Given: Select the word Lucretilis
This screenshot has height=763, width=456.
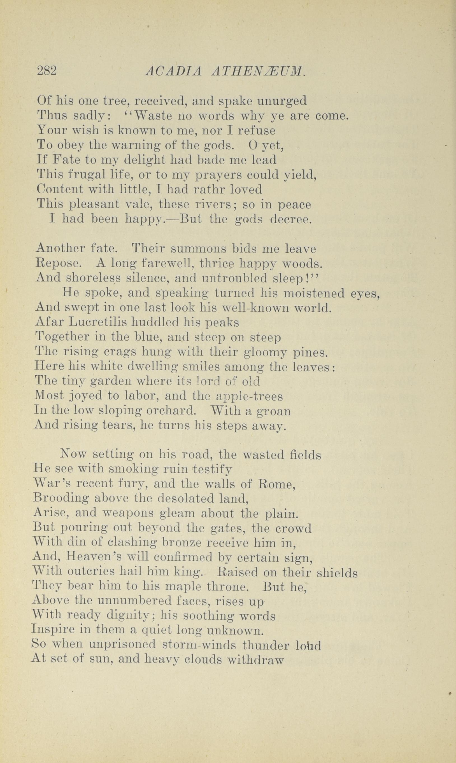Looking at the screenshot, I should [98, 322].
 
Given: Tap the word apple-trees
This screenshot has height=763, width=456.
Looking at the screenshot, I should [249, 396].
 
